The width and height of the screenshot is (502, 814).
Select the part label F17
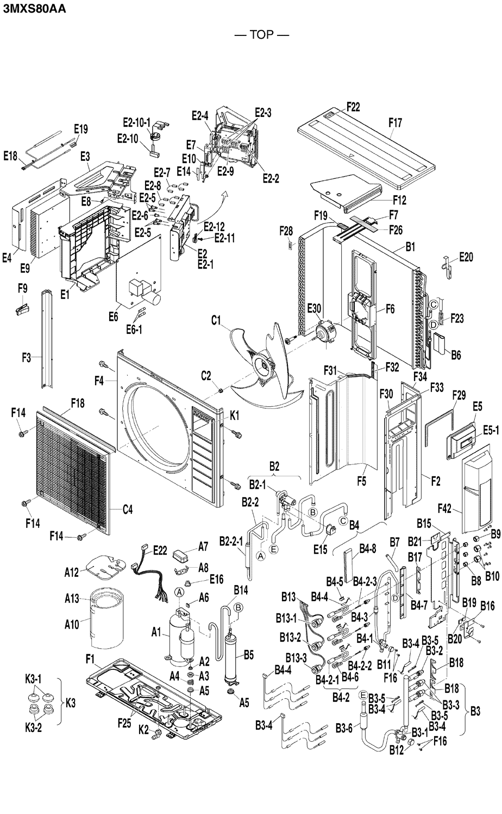click(x=396, y=123)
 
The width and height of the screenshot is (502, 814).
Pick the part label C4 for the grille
click(x=127, y=509)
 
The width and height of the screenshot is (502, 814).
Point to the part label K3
click(x=71, y=703)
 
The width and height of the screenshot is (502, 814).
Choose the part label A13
click(x=72, y=599)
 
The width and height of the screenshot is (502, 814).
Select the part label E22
click(x=160, y=550)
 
